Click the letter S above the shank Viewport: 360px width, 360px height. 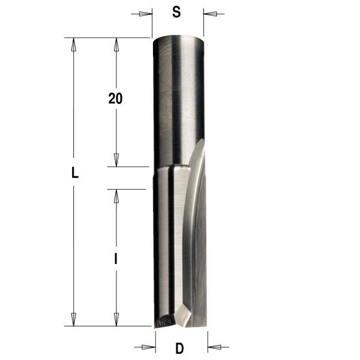point(176,13)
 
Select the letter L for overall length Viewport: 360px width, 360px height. point(74,174)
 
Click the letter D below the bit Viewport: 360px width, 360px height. point(179,347)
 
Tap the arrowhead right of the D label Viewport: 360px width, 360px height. point(214,346)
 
